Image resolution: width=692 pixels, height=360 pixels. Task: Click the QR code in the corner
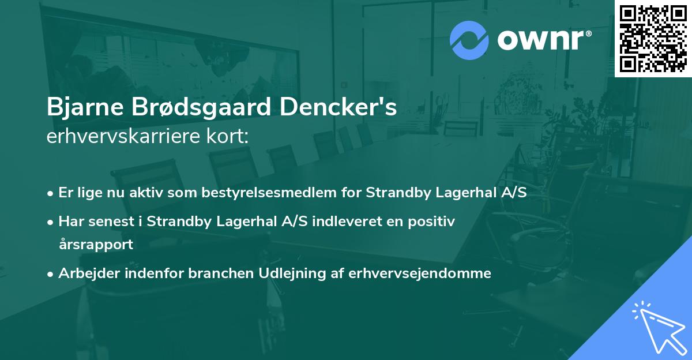point(653,38)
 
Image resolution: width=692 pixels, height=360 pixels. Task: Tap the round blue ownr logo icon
point(469,40)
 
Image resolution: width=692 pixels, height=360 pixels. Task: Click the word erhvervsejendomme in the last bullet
point(420,273)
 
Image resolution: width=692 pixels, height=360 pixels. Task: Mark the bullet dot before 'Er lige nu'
point(51,193)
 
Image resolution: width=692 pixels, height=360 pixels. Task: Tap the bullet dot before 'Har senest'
point(51,222)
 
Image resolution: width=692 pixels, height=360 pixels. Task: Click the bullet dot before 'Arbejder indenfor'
point(51,273)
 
